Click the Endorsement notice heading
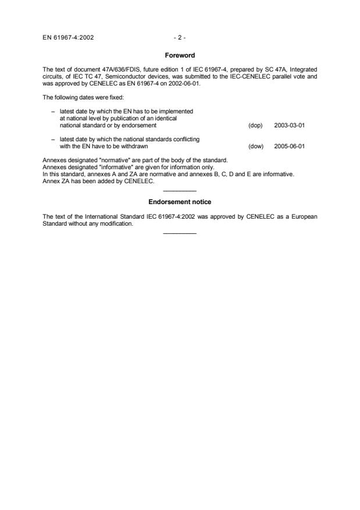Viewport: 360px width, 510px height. point(179,202)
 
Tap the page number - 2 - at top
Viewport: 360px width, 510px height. point(179,38)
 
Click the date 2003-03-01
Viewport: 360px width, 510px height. point(290,125)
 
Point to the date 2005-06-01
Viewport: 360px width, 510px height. point(290,147)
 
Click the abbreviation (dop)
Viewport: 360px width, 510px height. point(255,125)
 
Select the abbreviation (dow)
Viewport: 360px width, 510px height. point(255,147)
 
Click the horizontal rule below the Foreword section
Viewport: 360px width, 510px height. point(180,191)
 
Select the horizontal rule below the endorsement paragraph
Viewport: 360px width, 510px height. point(180,234)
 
